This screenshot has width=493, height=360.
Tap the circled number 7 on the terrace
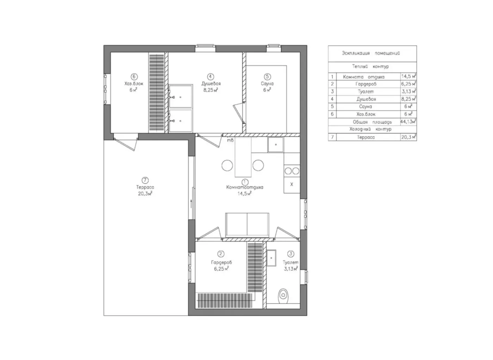coord(145,180)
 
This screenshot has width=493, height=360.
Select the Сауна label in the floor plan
coord(267,83)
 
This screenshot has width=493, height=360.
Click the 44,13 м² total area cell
coord(408,121)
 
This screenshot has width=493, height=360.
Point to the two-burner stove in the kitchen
coord(292,171)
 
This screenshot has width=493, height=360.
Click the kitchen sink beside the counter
coord(275,145)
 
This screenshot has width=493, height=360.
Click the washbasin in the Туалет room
coord(272,258)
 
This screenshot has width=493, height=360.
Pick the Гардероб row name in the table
coord(366,84)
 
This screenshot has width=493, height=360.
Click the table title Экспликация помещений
coord(371,53)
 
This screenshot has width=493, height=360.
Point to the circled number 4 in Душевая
coord(211,76)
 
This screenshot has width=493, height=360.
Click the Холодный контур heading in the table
coord(370,129)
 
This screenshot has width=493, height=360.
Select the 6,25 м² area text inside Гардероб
coord(221,269)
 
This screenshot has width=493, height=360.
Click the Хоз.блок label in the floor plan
coord(134,83)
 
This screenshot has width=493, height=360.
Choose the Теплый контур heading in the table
coord(370,67)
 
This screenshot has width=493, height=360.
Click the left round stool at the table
coord(227,165)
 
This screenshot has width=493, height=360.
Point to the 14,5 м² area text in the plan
coord(244,194)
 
